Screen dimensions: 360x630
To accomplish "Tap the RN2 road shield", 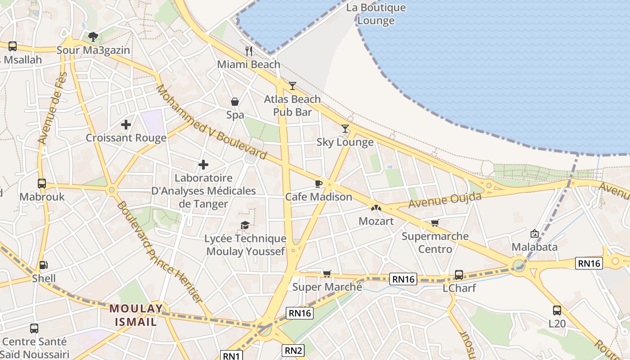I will click(293, 350).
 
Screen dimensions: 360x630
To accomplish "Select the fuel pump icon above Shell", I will click(43, 265).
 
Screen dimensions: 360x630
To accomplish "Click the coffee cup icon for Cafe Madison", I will click(318, 184).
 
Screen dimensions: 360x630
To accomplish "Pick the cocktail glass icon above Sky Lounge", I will click(345, 129).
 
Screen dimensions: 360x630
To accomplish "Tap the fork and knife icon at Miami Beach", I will click(249, 51).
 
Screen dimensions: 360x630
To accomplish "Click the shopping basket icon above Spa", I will click(234, 102).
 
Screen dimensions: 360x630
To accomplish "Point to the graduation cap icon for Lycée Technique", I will click(245, 225).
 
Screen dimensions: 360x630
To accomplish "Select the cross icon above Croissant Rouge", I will click(126, 125).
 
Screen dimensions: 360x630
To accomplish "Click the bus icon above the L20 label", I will click(557, 310).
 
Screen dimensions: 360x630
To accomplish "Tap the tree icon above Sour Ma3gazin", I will click(93, 36).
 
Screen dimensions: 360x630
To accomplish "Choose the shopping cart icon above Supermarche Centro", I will click(435, 223).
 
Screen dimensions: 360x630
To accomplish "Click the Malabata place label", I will click(535, 247).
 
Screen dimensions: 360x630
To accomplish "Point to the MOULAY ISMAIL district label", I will click(136, 315).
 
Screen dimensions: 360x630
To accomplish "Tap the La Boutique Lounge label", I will click(376, 14).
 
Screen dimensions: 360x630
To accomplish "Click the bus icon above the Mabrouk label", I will click(42, 184).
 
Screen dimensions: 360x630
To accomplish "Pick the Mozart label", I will click(376, 221).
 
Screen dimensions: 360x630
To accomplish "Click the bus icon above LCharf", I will click(459, 274).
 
